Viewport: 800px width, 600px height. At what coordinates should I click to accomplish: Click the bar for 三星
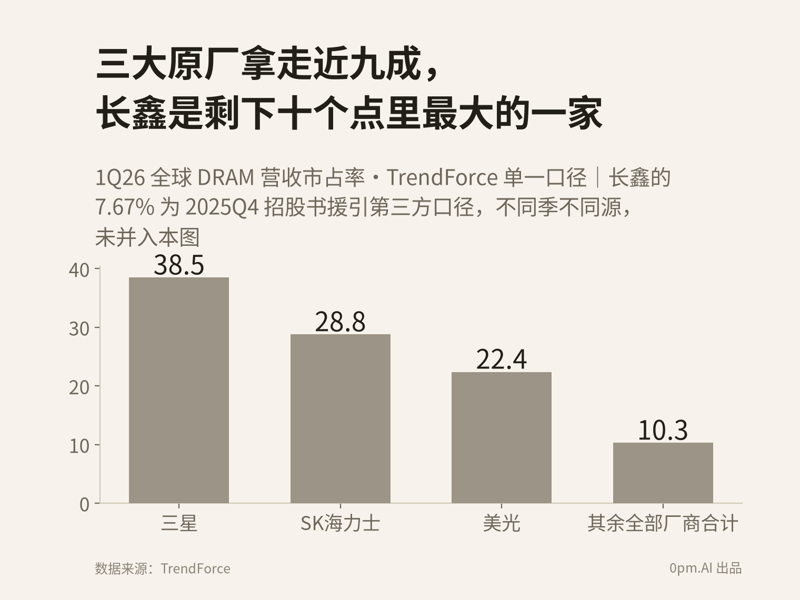click(x=179, y=390)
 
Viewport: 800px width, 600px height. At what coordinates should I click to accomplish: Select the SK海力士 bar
click(x=341, y=418)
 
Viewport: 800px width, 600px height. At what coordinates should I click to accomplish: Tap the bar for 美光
click(x=502, y=437)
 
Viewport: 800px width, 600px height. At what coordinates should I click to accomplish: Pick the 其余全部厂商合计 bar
click(x=663, y=473)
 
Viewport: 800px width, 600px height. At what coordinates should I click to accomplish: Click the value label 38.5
click(x=179, y=265)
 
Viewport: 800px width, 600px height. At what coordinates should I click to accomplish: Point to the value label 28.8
click(x=340, y=322)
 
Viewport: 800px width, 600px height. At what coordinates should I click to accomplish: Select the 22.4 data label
click(x=502, y=359)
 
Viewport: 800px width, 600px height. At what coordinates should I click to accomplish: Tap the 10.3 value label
click(x=663, y=430)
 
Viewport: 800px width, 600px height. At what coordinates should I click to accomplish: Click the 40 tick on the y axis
click(x=79, y=271)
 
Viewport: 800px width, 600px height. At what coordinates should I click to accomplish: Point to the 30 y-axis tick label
click(x=79, y=329)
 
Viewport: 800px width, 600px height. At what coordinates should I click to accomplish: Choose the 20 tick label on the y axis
click(x=79, y=387)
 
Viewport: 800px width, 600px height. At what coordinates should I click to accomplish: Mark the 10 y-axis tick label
click(x=79, y=446)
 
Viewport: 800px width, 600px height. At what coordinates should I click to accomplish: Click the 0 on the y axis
click(x=85, y=505)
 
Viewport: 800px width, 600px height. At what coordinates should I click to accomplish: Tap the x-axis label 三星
click(x=179, y=523)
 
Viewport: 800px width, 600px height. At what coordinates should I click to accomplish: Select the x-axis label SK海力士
click(x=341, y=523)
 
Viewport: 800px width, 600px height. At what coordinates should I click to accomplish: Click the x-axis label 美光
click(x=502, y=523)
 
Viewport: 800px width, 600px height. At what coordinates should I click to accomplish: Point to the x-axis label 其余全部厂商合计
click(x=663, y=523)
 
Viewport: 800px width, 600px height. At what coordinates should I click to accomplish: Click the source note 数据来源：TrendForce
click(x=163, y=568)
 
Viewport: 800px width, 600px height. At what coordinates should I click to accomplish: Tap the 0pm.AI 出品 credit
click(x=706, y=568)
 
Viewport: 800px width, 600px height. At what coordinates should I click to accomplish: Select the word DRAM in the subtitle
click(x=226, y=178)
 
